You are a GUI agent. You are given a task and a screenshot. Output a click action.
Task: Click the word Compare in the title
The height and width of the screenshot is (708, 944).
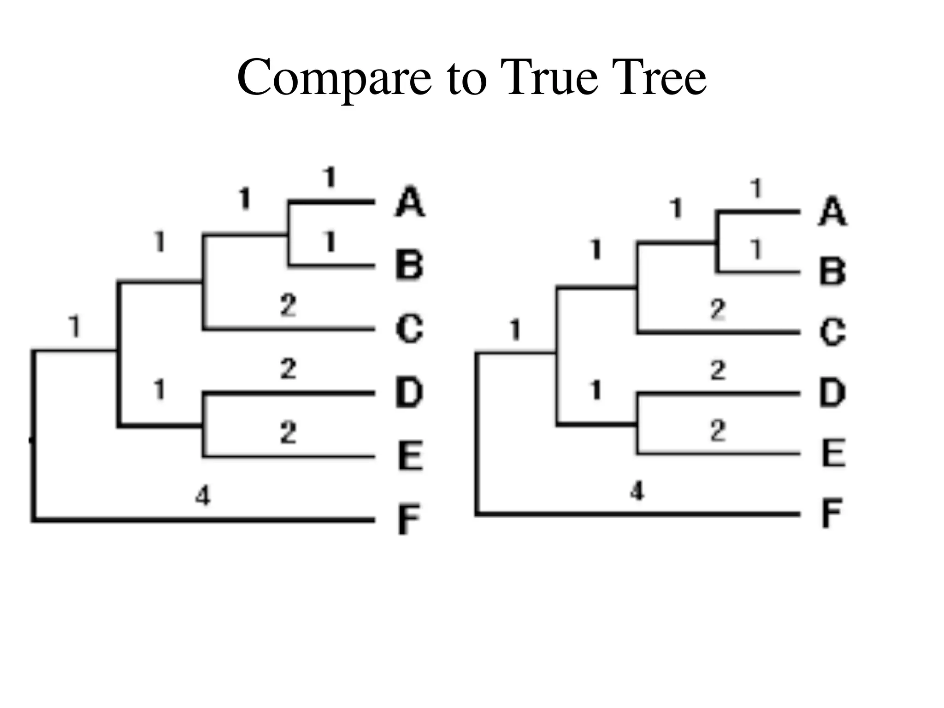point(334,78)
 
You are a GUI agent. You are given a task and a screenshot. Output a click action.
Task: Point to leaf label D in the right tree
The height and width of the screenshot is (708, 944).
point(832,393)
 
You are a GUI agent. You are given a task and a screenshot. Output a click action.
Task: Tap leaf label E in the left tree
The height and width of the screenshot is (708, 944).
point(410,456)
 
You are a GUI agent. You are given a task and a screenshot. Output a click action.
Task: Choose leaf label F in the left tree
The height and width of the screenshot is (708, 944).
point(409,519)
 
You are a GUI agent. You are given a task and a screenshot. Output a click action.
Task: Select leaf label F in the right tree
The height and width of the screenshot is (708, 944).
point(832,513)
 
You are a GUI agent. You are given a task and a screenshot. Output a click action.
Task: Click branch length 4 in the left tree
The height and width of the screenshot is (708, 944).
point(203,496)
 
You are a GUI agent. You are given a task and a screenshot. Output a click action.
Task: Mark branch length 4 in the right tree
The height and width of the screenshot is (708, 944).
point(637,491)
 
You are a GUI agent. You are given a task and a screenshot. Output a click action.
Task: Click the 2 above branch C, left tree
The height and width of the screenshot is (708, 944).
point(289,305)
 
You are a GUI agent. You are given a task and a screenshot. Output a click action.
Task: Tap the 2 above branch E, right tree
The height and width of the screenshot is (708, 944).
point(718,431)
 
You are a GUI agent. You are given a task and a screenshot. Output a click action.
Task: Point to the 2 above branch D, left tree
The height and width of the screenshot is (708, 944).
point(289,369)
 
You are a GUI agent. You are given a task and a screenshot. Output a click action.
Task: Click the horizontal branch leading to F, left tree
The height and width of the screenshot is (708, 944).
point(203,519)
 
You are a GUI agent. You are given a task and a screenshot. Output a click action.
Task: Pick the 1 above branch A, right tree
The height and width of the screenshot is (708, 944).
point(756,189)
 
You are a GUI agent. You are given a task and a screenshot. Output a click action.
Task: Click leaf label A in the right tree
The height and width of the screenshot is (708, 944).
point(832,212)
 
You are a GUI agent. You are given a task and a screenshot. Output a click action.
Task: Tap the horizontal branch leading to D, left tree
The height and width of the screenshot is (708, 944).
point(289,393)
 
